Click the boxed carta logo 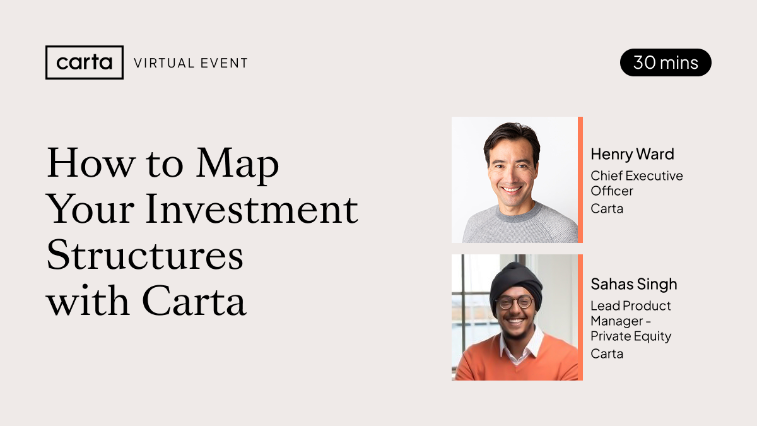click(85, 62)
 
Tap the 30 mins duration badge click(666, 62)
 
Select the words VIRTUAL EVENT click(191, 63)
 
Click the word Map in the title click(237, 165)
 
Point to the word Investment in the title click(252, 209)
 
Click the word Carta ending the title click(194, 300)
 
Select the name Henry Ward click(632, 154)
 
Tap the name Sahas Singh click(634, 284)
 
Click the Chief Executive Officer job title click(637, 183)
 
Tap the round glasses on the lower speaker click(513, 302)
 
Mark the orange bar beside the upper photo click(580, 180)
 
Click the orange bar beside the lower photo click(580, 317)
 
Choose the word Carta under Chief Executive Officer click(607, 209)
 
